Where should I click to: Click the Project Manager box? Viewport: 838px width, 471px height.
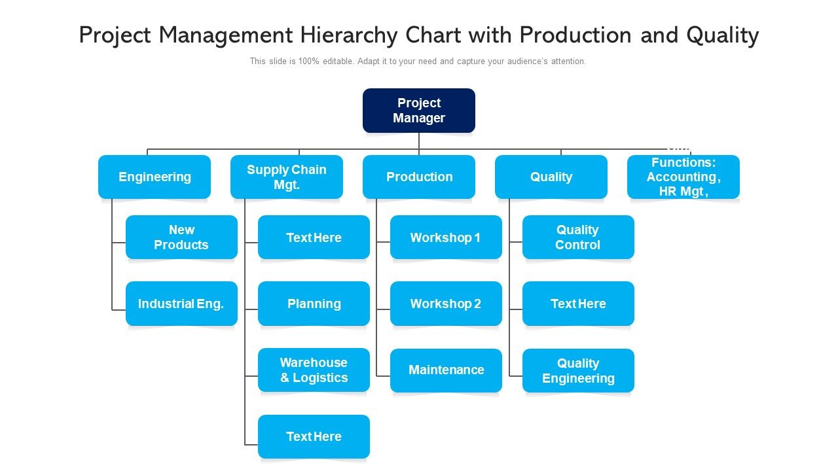point(419,111)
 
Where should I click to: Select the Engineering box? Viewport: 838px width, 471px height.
point(155,177)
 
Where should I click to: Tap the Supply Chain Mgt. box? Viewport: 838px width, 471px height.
point(287,177)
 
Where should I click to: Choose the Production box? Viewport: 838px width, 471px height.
point(419,177)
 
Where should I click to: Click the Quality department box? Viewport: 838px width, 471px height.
point(551,177)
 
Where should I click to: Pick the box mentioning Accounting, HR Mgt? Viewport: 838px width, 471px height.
point(683,177)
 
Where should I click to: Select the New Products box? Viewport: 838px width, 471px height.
point(181,237)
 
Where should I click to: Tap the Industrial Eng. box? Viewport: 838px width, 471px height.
point(181,304)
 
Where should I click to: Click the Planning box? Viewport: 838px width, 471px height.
point(314,304)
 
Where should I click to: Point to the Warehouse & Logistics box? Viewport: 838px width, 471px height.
point(314,370)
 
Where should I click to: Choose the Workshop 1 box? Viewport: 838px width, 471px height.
point(446,237)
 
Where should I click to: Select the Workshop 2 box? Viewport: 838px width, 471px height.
point(446,304)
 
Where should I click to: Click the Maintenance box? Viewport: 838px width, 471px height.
point(446,370)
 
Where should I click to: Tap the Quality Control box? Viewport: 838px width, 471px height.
point(578,237)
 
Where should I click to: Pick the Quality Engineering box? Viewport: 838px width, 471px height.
point(578,370)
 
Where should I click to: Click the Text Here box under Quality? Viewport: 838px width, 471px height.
point(578,304)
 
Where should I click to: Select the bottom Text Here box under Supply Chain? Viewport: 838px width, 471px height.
point(314,436)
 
